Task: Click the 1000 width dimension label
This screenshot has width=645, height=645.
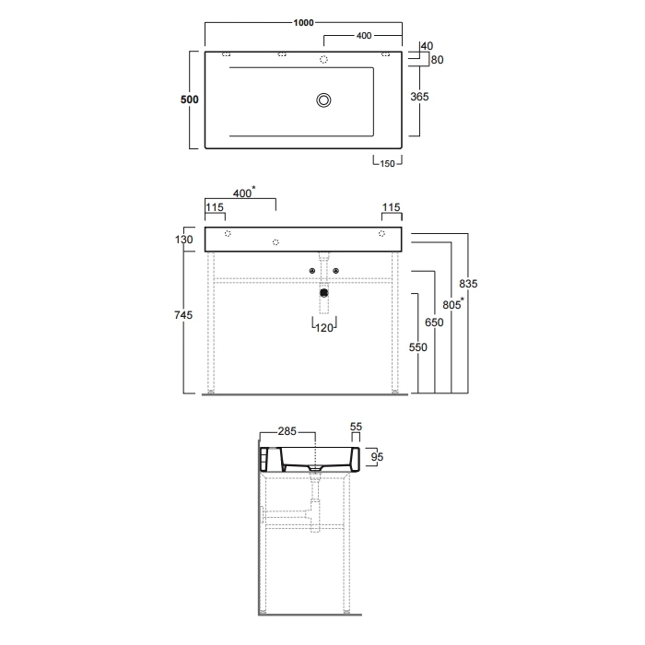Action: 303,23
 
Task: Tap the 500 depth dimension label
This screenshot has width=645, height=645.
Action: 189,100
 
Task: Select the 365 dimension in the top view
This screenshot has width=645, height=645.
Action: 419,97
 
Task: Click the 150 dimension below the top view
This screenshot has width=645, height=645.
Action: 387,164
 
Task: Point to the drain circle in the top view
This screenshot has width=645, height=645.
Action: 323,100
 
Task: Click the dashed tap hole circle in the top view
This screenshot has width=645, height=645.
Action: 323,60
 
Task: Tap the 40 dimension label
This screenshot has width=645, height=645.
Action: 427,46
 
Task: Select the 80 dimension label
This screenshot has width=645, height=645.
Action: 437,60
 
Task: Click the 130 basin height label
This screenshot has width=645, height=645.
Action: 183,240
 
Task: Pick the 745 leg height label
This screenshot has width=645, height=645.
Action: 183,315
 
